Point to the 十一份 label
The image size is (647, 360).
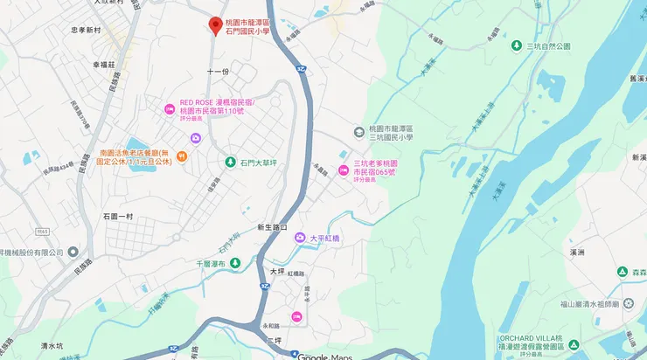tap(218, 71)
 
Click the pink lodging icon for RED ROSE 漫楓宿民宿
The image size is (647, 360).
tap(170, 108)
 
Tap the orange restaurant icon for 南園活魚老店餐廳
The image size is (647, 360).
tap(181, 156)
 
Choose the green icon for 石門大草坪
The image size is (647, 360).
tap(231, 162)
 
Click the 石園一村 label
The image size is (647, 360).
tap(117, 216)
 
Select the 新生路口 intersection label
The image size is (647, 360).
tap(272, 227)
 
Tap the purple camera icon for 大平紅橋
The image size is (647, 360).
tap(299, 238)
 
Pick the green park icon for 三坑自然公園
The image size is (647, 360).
tap(516, 45)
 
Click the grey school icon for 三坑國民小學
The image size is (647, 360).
tap(358, 132)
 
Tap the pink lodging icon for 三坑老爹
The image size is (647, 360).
tap(344, 169)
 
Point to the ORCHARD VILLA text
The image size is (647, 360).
tap(559, 337)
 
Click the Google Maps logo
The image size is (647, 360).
tap(324, 356)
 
